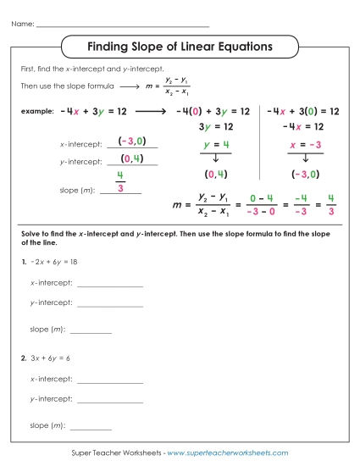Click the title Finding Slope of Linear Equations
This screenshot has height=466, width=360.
[180, 46]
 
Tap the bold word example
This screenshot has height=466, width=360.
[36, 112]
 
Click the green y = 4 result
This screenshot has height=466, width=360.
[215, 145]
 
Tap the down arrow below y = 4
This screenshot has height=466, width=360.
[215, 158]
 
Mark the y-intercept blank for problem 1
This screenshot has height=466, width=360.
[109, 305]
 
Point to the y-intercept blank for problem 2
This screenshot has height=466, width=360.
[109, 401]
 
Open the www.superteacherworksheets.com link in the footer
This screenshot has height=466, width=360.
[228, 454]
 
